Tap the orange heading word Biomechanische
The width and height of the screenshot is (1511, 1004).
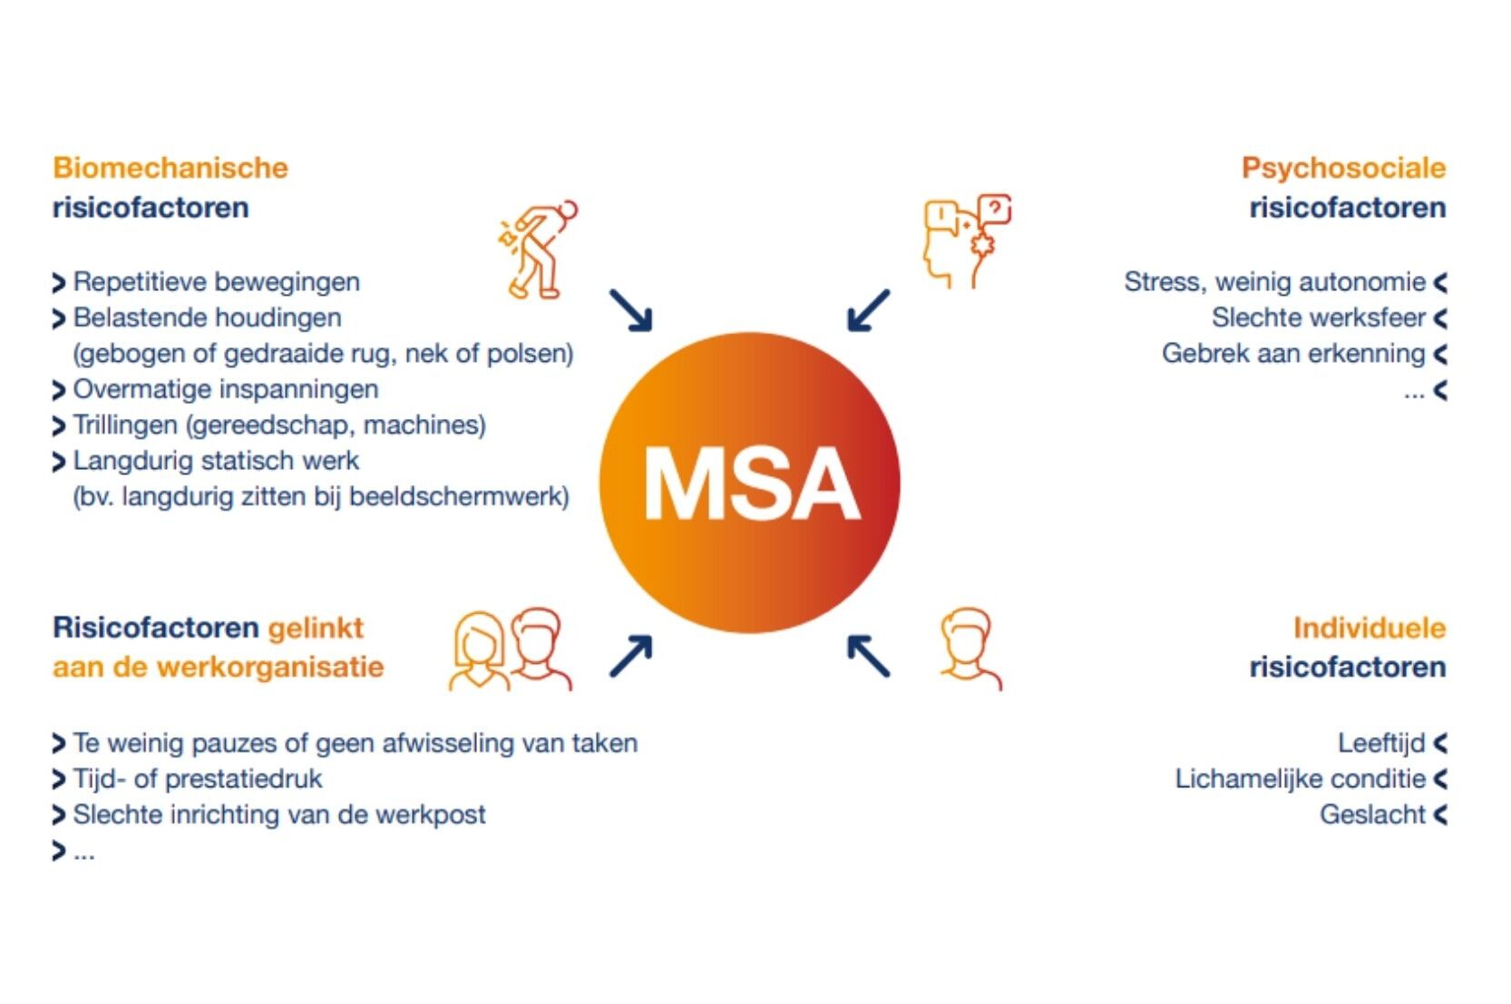point(170,168)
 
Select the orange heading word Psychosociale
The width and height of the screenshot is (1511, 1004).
point(1342,168)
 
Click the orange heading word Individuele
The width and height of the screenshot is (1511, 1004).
point(1368,628)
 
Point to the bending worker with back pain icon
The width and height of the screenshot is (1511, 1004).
point(539,249)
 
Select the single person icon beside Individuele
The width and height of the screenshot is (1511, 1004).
point(969,648)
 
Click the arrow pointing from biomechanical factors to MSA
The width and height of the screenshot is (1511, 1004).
point(631,310)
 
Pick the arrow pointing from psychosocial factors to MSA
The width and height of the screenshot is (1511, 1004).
point(868,310)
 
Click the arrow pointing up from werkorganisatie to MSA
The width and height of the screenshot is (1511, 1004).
point(631,657)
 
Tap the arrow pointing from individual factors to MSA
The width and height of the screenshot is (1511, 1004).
point(868,657)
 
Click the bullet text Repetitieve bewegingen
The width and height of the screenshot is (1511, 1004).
point(216,282)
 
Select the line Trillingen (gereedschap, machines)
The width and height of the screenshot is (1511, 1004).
point(279,424)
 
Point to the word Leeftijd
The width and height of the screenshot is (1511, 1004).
point(1380,743)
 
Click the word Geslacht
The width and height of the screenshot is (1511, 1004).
point(1371,814)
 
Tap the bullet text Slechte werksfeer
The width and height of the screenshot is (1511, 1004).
point(1318,317)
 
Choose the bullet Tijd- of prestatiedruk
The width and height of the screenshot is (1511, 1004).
point(197,779)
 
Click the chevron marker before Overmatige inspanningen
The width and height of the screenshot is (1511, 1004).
point(59,390)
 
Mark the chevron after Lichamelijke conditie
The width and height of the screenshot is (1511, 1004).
point(1440,779)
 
